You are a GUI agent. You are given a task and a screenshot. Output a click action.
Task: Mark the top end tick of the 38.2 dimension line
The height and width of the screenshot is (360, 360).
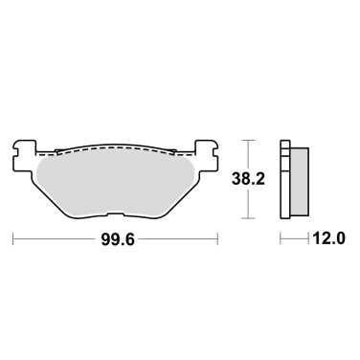[x=249, y=140]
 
